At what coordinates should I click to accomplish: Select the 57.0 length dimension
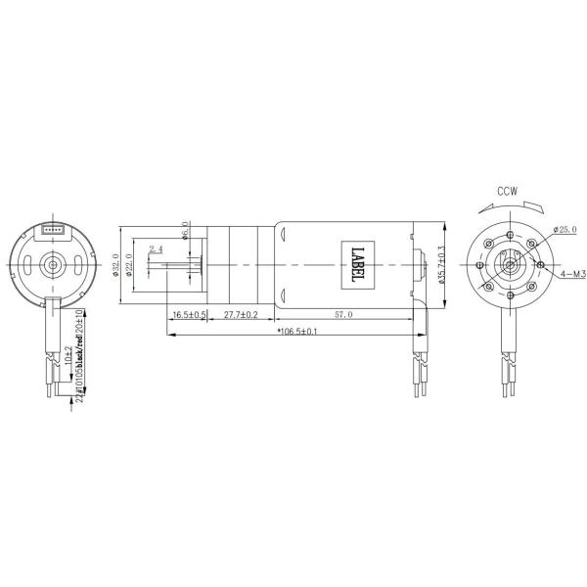[x=344, y=315]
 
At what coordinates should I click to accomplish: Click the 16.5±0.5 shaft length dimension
[x=188, y=315]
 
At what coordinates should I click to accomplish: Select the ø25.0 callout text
[x=564, y=229]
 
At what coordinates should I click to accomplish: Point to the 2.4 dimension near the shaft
[x=157, y=250]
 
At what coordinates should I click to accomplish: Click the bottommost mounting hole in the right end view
[x=510, y=291]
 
